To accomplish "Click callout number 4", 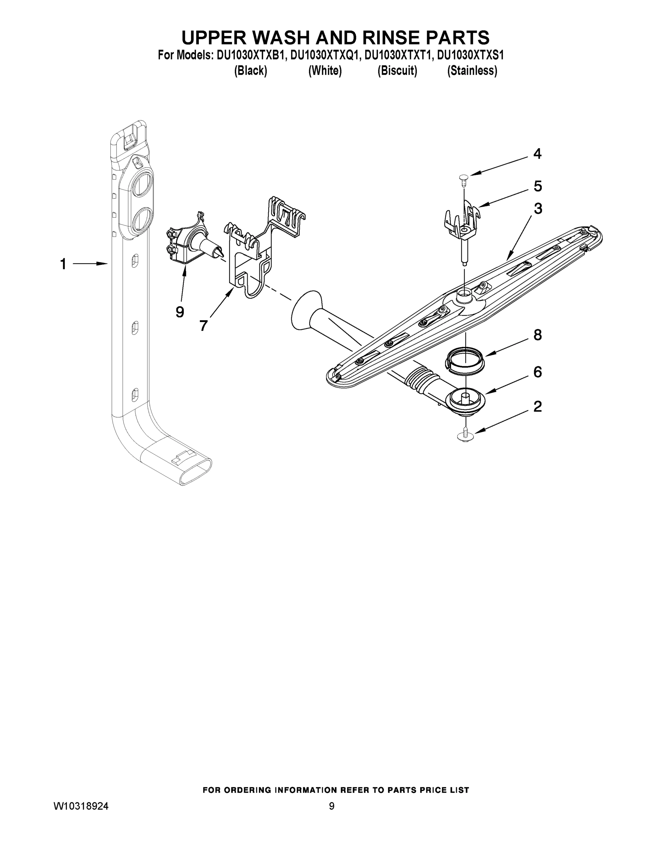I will [x=537, y=154].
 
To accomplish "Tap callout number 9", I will [x=180, y=312].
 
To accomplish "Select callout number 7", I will [x=203, y=325].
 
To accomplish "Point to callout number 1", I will [x=63, y=264].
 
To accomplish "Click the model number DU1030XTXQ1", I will [x=325, y=55].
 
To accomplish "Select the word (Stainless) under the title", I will [x=472, y=71].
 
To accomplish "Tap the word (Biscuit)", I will [x=397, y=71].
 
